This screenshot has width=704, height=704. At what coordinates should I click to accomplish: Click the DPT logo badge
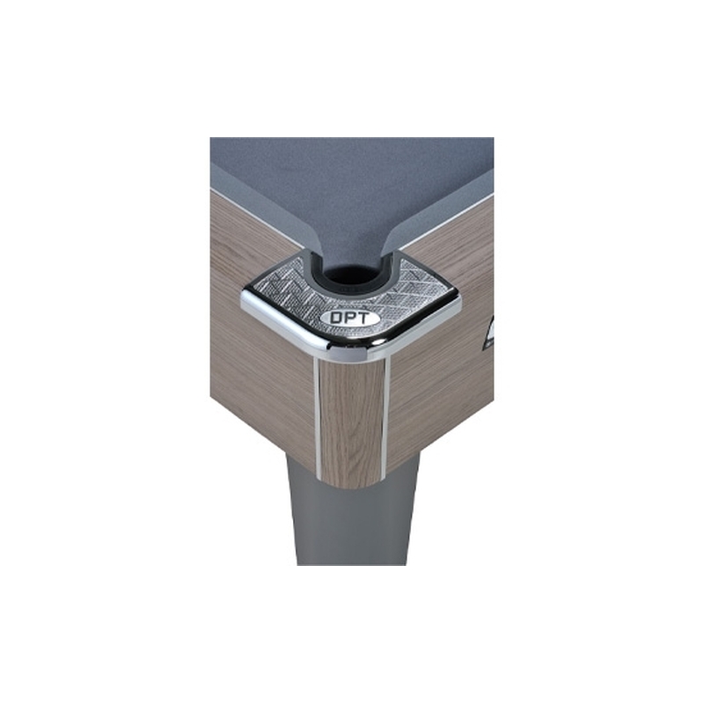tap(349, 319)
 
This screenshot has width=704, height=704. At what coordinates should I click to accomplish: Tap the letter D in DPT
tap(336, 319)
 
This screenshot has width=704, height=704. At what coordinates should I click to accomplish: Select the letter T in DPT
tap(362, 318)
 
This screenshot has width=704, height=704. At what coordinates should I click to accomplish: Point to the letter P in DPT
tap(348, 318)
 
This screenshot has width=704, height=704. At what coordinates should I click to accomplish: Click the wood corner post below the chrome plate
tap(351, 423)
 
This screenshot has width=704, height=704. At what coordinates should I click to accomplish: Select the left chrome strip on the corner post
tap(317, 417)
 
